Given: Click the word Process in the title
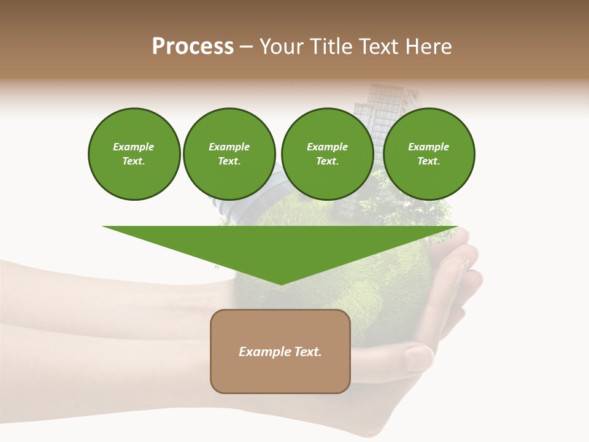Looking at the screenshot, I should (x=193, y=47).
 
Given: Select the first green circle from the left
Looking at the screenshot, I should (x=134, y=154).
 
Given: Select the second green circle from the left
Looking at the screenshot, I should (x=229, y=154).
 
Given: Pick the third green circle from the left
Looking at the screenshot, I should (x=327, y=154).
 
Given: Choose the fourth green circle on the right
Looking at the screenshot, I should (x=428, y=154).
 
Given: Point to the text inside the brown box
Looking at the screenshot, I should (x=280, y=352).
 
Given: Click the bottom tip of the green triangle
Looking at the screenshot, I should (x=280, y=283).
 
